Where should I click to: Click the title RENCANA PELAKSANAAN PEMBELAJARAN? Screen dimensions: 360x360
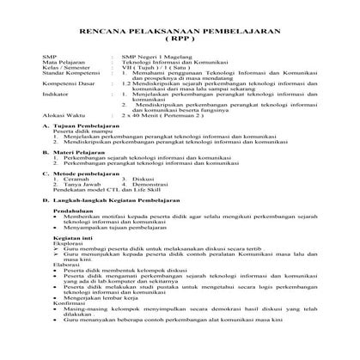(180, 30)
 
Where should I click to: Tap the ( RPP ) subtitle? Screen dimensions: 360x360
(179, 40)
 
